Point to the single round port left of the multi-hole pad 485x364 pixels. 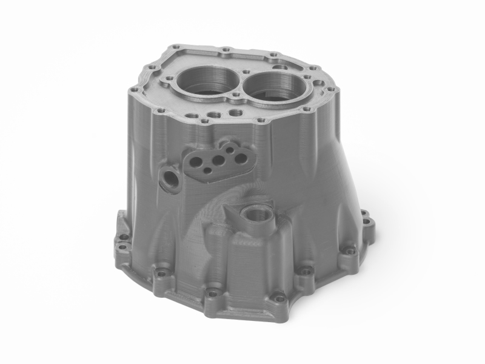click(170, 180)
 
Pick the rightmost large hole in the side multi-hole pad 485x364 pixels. click(241, 158)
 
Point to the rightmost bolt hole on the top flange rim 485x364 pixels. click(331, 89)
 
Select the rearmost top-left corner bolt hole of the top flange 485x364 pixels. click(175, 47)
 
